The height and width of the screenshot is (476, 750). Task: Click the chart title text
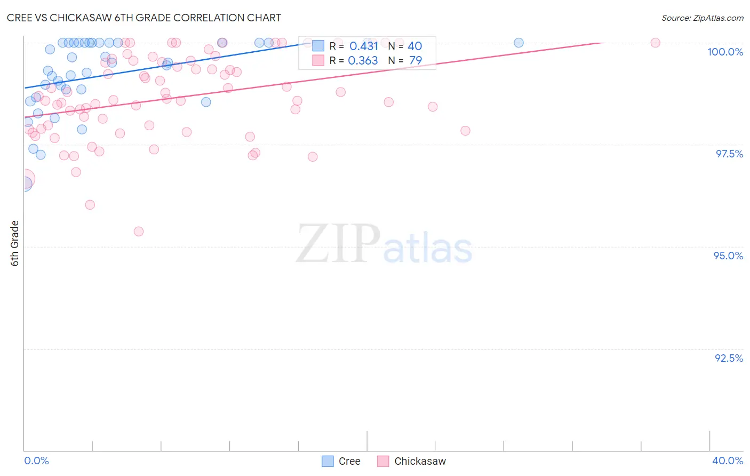point(144,18)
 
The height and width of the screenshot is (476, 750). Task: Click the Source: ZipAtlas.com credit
point(702,18)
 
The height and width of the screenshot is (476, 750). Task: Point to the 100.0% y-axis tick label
point(725,52)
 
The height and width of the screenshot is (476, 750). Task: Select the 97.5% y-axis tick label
point(729,154)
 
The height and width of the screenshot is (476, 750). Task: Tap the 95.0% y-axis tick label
point(728,256)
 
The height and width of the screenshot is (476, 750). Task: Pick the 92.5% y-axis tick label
point(729,358)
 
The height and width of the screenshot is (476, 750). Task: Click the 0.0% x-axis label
point(36,461)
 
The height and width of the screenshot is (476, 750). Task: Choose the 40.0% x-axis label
point(727,461)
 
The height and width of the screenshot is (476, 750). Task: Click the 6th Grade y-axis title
point(15,243)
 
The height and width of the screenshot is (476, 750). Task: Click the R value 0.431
point(364,46)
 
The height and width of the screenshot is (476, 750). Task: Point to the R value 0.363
point(363,61)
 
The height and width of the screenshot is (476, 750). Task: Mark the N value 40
point(414,46)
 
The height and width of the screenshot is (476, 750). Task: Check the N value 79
point(415,61)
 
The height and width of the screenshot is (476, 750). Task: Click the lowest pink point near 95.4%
point(139,232)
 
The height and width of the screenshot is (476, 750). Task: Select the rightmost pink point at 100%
point(656,43)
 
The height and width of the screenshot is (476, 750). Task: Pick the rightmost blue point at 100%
point(518,43)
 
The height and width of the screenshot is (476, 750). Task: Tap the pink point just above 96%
point(90,205)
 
